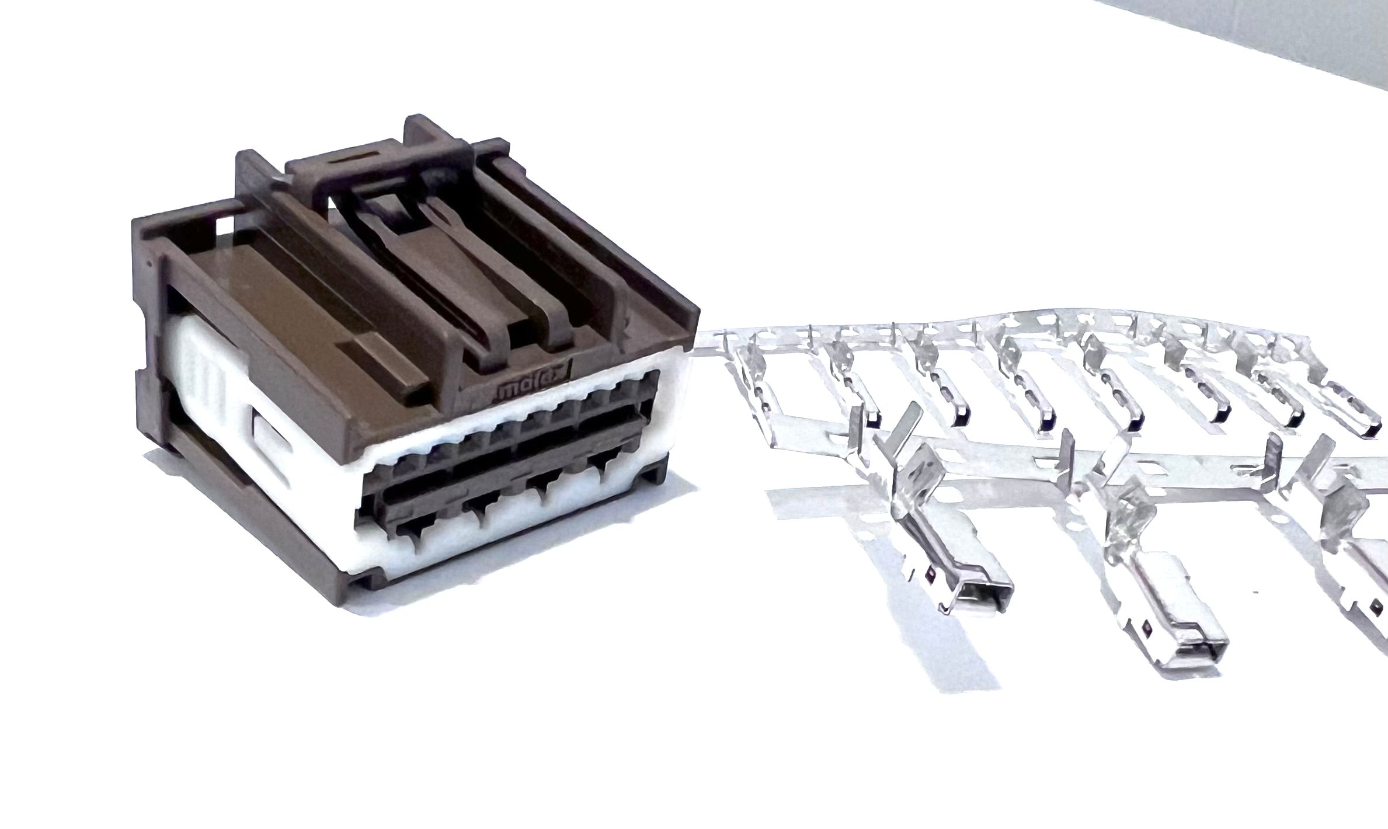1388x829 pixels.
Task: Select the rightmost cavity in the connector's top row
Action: [x=647, y=379]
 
